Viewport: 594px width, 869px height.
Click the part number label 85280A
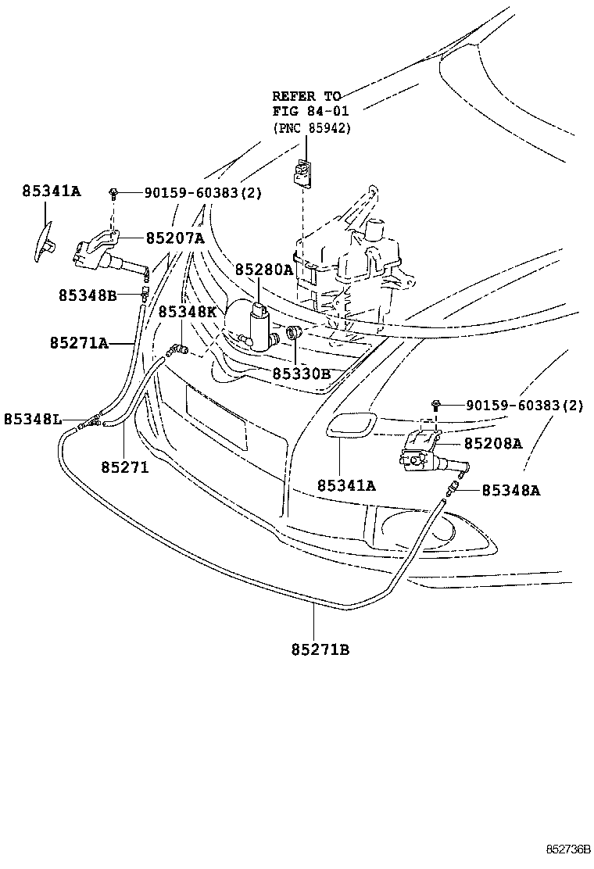pos(263,270)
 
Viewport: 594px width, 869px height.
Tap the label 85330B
pos(301,374)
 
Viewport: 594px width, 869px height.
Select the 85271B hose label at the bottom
pos(320,649)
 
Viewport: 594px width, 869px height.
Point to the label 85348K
pos(188,312)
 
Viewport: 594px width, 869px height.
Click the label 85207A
pos(175,238)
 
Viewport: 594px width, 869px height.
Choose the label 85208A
pos(493,443)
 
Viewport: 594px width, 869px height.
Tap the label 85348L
pos(33,419)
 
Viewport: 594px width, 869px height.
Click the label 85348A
pos(511,490)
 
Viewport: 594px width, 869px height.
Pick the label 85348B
pos(88,295)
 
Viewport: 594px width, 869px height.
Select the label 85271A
pos(79,343)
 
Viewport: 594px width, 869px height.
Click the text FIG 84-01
pos(310,112)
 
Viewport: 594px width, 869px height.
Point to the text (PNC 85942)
pos(311,128)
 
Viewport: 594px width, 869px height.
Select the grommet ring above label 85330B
pos(292,333)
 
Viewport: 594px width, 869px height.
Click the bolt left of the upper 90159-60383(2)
pos(113,194)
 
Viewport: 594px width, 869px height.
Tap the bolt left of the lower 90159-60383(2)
pos(435,405)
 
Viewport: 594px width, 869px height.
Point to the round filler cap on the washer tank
pos(376,229)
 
